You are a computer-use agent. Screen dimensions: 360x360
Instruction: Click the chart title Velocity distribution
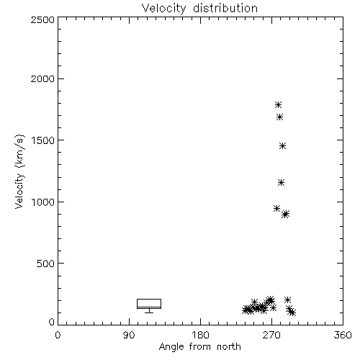[x=199, y=8]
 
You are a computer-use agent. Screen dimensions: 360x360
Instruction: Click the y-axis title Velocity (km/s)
[x=19, y=171]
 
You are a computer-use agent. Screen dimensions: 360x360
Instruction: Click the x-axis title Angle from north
[x=199, y=347]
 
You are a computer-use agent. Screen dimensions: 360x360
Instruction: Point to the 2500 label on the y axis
[x=42, y=19]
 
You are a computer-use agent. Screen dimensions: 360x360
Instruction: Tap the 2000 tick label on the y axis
[x=42, y=78]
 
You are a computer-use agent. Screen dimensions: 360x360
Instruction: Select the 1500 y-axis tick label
[x=42, y=140]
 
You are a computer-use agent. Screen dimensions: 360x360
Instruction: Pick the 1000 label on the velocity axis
[x=42, y=202]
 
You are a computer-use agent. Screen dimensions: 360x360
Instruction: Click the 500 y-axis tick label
[x=45, y=264]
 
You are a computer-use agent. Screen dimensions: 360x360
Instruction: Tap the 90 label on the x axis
[x=129, y=335]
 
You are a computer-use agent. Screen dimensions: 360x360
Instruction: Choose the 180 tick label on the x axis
[x=200, y=335]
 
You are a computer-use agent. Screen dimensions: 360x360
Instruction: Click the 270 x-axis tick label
[x=271, y=335]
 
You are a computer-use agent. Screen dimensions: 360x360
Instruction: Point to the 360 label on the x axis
[x=343, y=335]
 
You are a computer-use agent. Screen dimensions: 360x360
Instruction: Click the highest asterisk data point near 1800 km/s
[x=278, y=104]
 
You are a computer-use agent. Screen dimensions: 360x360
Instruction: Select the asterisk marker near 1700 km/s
[x=279, y=117]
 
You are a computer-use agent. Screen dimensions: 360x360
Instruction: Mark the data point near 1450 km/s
[x=283, y=146]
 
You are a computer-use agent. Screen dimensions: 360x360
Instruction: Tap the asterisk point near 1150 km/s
[x=282, y=183]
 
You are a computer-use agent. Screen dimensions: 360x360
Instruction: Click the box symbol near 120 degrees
[x=149, y=300]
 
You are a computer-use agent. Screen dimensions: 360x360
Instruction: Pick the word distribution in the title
[x=225, y=8]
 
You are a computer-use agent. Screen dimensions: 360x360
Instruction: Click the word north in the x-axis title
[x=229, y=347]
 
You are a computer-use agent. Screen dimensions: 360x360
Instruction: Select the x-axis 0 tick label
[x=58, y=335]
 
